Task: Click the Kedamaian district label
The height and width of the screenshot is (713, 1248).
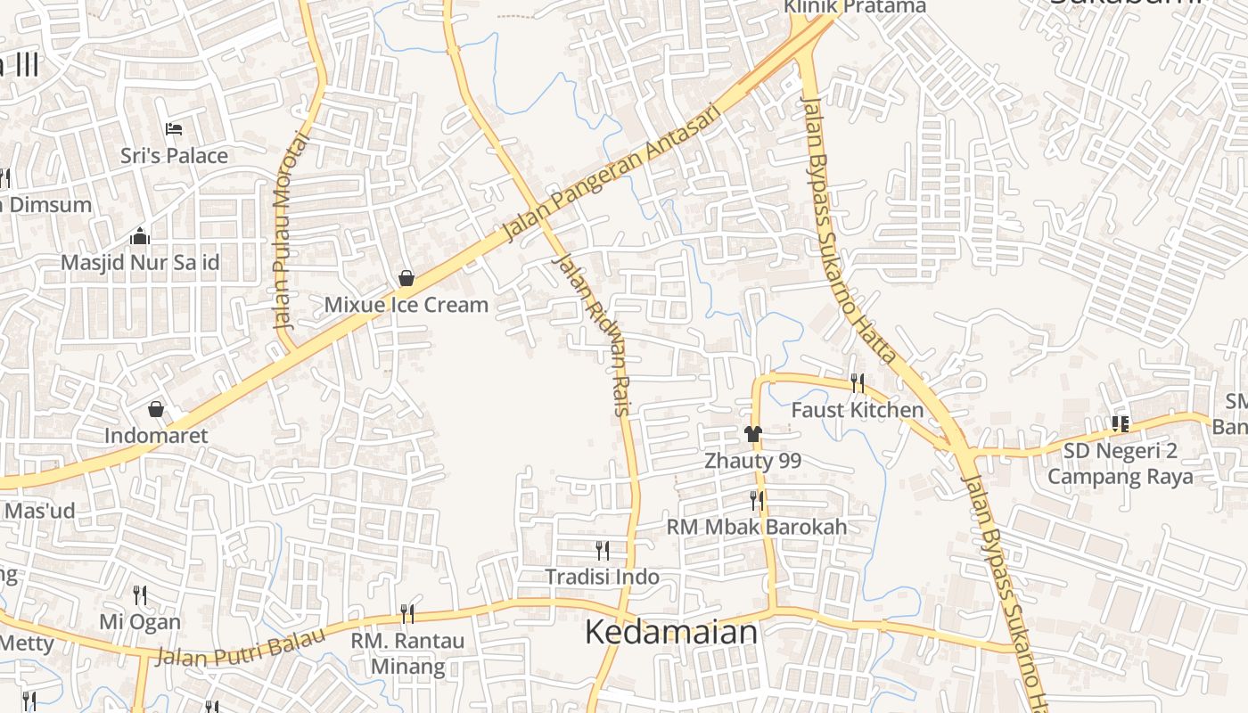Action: [x=671, y=632]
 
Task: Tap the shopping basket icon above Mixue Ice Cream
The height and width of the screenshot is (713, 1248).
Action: [x=406, y=279]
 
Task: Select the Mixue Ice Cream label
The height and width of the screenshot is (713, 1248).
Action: [x=406, y=305]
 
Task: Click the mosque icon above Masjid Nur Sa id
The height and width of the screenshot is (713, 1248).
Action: [x=140, y=237]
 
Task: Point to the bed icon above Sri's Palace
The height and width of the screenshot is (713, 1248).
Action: [x=174, y=130]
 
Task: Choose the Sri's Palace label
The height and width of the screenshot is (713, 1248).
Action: [x=175, y=156]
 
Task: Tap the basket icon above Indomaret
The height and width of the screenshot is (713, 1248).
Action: [x=156, y=409]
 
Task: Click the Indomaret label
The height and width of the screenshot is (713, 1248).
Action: [x=156, y=436]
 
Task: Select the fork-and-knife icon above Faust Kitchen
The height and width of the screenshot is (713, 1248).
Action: [x=858, y=383]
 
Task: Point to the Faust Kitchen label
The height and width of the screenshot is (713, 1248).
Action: [x=858, y=410]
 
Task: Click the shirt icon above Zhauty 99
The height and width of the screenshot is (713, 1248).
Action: [x=753, y=434]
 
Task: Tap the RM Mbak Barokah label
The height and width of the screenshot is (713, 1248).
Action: [x=757, y=527]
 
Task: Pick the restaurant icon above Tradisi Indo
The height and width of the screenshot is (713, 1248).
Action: [x=603, y=550]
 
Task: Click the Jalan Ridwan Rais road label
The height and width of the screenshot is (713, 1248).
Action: [x=595, y=335]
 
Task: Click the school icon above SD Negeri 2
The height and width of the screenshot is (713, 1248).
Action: [x=1121, y=424]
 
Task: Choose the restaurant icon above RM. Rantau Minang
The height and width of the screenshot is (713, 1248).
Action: [x=407, y=614]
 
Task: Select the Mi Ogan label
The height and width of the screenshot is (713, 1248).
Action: [x=140, y=621]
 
